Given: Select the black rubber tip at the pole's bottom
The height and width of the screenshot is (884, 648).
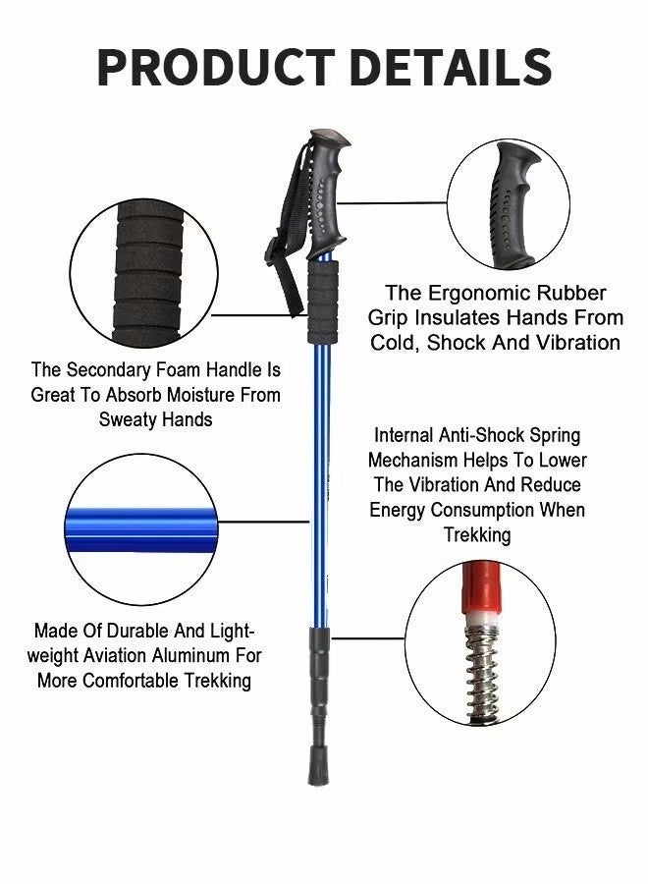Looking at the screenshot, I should pyautogui.click(x=317, y=766).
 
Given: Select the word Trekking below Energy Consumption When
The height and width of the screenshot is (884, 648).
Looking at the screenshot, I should pyautogui.click(x=476, y=535).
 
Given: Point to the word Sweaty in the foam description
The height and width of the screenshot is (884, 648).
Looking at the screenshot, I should pyautogui.click(x=130, y=419).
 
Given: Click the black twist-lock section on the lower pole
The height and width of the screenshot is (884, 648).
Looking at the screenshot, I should pyautogui.click(x=317, y=678).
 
